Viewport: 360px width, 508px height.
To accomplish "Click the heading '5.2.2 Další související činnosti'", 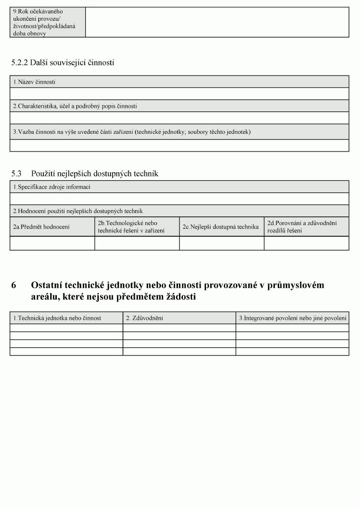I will click(x=63, y=63).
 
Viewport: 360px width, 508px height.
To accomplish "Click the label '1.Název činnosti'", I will click(x=34, y=82).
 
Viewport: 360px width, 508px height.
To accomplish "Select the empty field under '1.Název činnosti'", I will click(x=179, y=93).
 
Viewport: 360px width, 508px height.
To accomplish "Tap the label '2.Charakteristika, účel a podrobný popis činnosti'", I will click(x=75, y=106).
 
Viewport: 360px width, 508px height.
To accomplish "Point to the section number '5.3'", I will click(x=16, y=174).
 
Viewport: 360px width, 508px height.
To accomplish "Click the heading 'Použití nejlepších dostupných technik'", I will click(x=95, y=174).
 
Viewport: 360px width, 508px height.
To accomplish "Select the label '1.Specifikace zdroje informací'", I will click(x=51, y=187).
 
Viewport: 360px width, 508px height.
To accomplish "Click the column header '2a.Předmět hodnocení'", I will click(x=41, y=227).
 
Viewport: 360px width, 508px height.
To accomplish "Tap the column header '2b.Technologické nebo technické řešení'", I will click(x=131, y=227).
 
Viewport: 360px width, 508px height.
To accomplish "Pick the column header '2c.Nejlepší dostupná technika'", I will click(x=220, y=227).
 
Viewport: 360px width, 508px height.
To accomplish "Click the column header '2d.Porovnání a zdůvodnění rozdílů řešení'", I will click(x=302, y=227).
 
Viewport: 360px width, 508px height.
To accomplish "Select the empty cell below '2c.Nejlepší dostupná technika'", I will click(x=221, y=243).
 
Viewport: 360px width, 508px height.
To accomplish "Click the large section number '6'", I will click(x=14, y=285).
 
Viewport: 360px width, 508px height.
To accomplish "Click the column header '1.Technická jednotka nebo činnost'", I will click(x=57, y=318).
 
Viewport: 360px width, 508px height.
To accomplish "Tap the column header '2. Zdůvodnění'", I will click(x=144, y=318).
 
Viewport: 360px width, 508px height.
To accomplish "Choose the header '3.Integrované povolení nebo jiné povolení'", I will click(x=293, y=318).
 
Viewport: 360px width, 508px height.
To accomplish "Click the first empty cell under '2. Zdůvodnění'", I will click(x=179, y=328).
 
